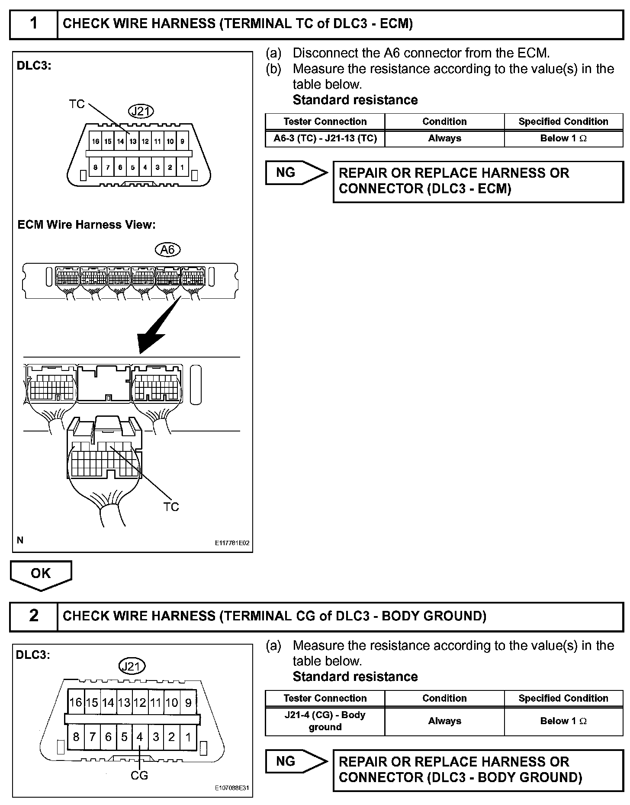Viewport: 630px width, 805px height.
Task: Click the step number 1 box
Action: (x=34, y=24)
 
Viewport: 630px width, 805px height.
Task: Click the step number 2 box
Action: (x=34, y=616)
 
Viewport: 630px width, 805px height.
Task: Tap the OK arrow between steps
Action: (x=41, y=575)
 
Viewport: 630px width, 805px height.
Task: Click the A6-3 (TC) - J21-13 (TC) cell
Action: (x=325, y=139)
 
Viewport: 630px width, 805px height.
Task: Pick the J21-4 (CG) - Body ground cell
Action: (x=325, y=721)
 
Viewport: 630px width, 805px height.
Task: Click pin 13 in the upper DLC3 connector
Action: (x=133, y=141)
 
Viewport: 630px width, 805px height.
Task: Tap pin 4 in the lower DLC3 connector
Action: (x=140, y=737)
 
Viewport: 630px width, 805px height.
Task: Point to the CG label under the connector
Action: (x=139, y=776)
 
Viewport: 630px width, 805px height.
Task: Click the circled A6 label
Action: (x=167, y=250)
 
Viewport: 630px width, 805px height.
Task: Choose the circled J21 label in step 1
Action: (x=141, y=112)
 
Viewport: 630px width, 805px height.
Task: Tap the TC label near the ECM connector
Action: (x=171, y=507)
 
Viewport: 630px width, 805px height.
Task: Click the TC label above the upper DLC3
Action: (x=77, y=104)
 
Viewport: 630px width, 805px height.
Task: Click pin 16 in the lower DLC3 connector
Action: (x=76, y=703)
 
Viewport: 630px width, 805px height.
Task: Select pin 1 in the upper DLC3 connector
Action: (x=182, y=167)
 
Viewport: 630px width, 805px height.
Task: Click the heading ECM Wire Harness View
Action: (x=86, y=225)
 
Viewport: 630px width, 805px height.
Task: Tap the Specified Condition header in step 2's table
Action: (x=563, y=698)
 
